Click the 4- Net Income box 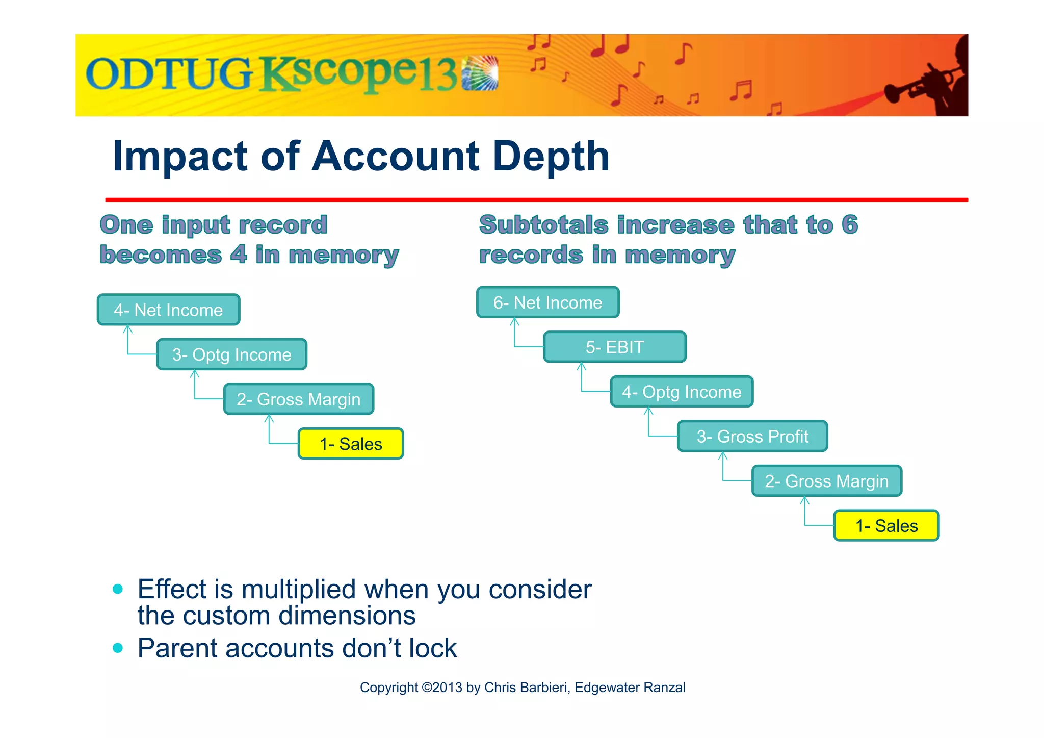coord(168,310)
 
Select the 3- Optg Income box coord(231,354)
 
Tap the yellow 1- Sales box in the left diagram coord(351,444)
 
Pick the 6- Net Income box coord(547,302)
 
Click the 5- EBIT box coord(615,347)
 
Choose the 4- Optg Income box coord(682,392)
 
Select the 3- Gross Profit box coord(752,437)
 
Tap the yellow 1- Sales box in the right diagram coord(886,526)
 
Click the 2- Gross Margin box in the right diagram coord(826,481)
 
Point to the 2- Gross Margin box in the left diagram coord(298,399)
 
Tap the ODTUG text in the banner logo coord(169,74)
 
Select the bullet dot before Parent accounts coord(118,648)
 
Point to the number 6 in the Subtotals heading coord(849,224)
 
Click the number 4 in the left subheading coord(239,254)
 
